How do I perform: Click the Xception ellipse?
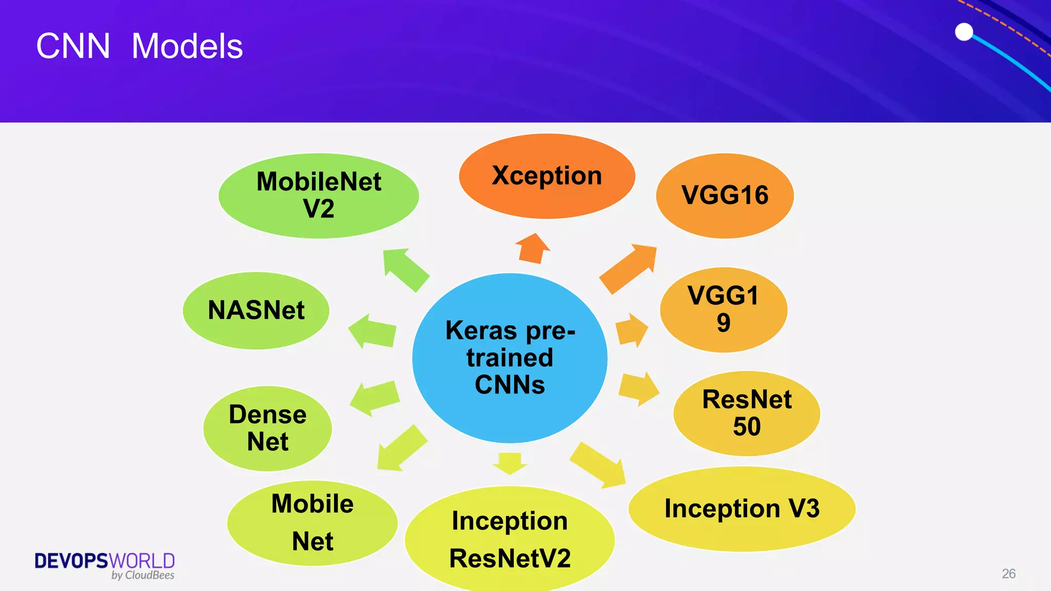547,176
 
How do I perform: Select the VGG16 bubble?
725,195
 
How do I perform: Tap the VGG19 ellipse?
723,309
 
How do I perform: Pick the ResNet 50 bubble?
746,413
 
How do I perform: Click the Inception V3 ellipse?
742,508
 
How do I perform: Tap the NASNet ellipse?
256,310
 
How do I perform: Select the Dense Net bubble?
267,428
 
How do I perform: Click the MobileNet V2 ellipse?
319,195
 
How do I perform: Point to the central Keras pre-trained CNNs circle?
510,358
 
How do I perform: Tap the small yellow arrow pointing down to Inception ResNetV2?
510,462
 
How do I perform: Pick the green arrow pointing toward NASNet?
373,331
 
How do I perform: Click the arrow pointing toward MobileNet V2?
405,269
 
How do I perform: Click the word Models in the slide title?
187,46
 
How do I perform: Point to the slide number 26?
1008,574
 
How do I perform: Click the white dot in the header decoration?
964,32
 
